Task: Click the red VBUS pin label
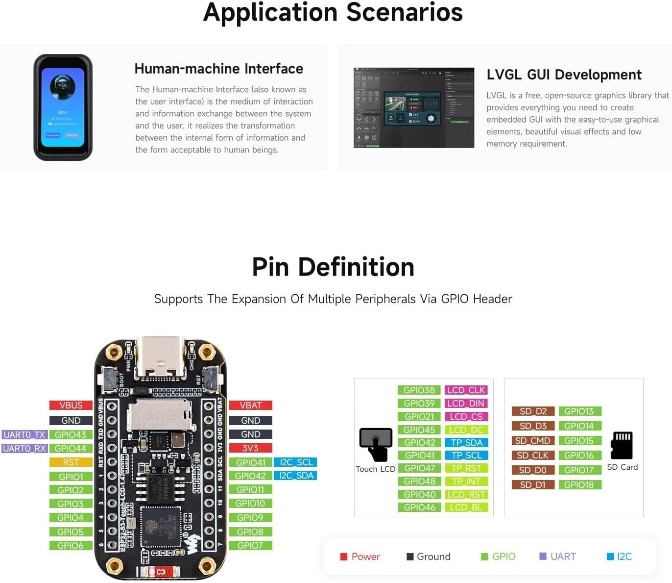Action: point(71,406)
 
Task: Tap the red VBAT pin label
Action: point(250,406)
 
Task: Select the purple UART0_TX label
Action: point(24,435)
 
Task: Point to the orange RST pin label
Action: point(71,462)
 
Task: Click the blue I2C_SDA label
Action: point(295,476)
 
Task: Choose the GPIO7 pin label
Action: point(250,546)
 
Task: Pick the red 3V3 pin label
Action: point(250,448)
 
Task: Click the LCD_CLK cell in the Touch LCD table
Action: point(466,390)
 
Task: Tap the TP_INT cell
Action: point(466,482)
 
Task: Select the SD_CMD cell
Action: point(532,441)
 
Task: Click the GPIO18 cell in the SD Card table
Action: point(579,485)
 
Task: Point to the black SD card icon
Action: point(622,445)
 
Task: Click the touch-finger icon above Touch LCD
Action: point(376,444)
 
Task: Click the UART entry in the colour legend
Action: point(558,557)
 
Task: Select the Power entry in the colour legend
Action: point(360,557)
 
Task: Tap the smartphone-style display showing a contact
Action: point(63,107)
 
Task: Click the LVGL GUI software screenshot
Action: point(414,108)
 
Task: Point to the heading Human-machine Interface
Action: point(218,69)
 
